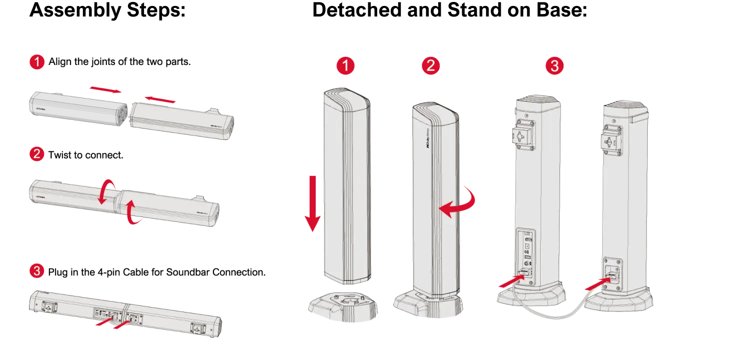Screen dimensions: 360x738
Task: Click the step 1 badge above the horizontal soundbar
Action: [x=37, y=62]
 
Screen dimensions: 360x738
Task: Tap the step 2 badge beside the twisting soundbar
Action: [x=37, y=154]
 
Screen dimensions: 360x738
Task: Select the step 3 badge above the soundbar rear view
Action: [x=37, y=271]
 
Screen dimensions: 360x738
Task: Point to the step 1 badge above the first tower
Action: [x=345, y=66]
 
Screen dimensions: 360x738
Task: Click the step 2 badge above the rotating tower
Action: [x=430, y=65]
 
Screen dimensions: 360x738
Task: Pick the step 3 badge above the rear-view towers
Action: [x=554, y=66]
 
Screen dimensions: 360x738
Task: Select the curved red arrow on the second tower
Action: [x=459, y=202]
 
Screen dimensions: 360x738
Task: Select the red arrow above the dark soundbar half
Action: [x=105, y=90]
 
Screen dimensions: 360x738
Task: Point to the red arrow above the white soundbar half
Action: [x=160, y=100]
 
